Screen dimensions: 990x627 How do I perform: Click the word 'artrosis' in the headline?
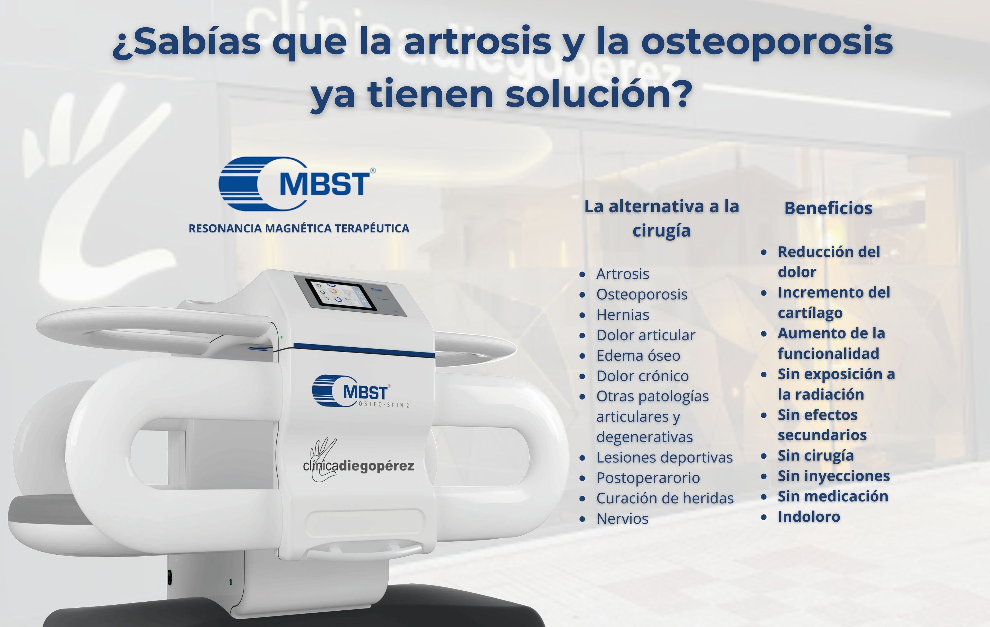tap(477, 42)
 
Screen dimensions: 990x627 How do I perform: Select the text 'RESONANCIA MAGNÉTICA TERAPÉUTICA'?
tap(299, 228)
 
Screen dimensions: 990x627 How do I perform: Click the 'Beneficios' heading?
tap(828, 208)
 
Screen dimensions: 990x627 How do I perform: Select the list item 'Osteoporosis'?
tap(642, 295)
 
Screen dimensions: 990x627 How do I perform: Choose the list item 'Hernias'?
tap(623, 315)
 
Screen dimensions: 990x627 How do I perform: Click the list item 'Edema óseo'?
tap(638, 355)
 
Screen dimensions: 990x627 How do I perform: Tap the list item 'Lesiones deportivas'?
tap(665, 457)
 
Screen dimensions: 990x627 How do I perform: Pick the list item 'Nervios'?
tap(622, 519)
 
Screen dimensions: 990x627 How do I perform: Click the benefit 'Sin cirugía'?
tap(816, 456)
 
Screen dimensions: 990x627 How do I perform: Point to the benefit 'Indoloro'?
tap(809, 517)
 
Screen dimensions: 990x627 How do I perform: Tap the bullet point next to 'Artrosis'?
tap(582, 275)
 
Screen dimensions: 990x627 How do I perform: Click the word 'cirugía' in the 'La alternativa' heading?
tap(661, 231)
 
